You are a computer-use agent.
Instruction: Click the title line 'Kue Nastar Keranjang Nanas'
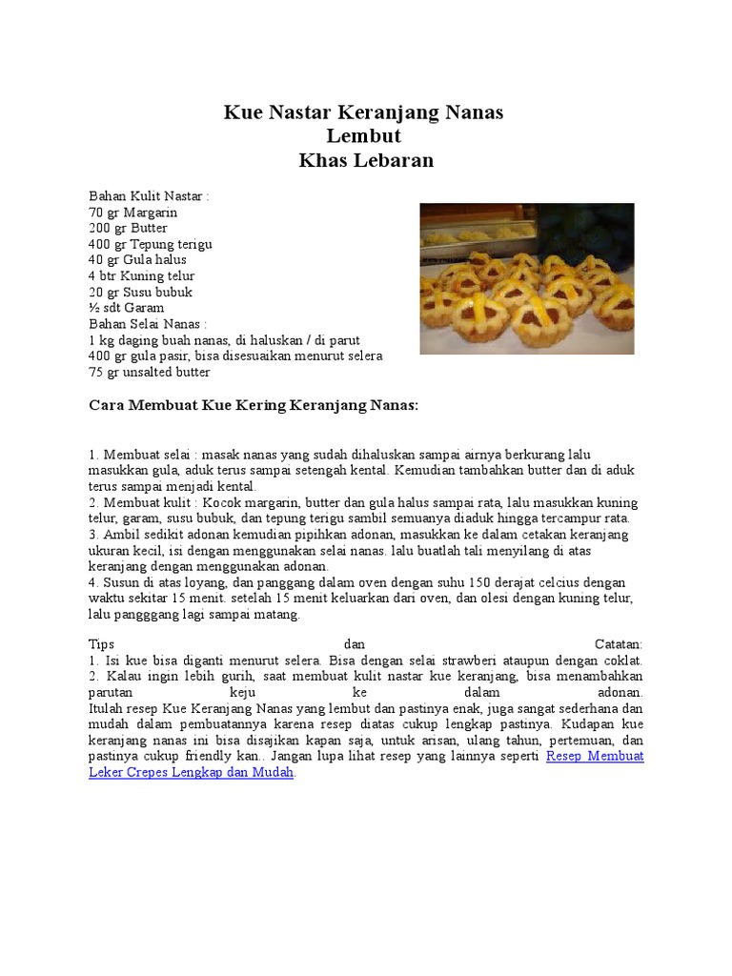[x=363, y=112]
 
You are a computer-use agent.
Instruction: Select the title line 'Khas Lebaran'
[x=365, y=160]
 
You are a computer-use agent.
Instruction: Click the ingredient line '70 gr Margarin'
[x=133, y=213]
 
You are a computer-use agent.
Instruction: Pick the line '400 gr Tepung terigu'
[x=151, y=244]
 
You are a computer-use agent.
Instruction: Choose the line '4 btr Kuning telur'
[x=141, y=276]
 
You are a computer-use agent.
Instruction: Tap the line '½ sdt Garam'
[x=126, y=308]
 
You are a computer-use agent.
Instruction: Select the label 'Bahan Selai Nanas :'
[x=148, y=324]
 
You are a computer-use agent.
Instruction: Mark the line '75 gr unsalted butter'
[x=149, y=372]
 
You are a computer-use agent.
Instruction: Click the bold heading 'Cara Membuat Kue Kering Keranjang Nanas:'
[x=254, y=405]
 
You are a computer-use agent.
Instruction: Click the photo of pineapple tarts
[x=527, y=278]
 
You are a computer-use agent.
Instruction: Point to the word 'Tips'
[x=101, y=644]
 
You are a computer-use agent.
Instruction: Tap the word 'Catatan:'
[x=619, y=644]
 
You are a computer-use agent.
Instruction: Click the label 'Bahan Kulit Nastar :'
[x=149, y=196]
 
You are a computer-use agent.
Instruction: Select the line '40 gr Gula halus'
[x=137, y=260]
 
